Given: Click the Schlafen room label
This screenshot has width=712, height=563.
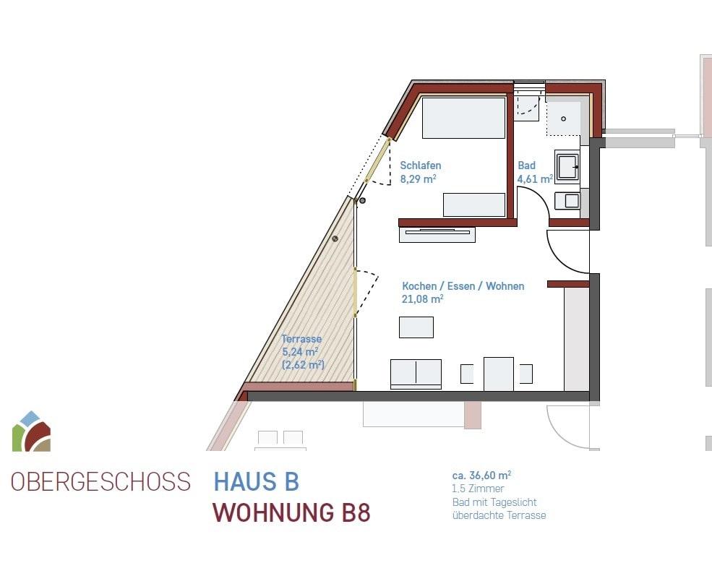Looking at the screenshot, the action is coord(421,166).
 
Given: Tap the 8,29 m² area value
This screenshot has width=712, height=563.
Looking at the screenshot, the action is coord(419,179).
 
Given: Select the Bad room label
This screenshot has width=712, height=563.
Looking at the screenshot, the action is coord(527,166).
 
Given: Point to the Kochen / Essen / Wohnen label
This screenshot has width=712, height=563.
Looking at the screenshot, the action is coord(463,286).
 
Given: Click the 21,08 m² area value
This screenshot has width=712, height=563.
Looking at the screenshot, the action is coord(423,298).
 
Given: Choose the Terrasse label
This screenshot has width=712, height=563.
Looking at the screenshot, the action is coord(301,339).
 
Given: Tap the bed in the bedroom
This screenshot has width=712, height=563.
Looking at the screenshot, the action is coord(463,118).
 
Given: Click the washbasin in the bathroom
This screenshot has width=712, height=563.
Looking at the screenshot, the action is coord(567,166).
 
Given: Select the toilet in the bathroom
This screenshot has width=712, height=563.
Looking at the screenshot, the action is coord(567,200).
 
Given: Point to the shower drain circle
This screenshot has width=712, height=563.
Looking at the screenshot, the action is coord(564,119).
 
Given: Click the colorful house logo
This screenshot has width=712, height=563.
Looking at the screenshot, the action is coord(31,431).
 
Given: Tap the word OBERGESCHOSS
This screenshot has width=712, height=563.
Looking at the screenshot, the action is coord(100,481).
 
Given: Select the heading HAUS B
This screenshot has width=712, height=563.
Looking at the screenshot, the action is coord(257,481).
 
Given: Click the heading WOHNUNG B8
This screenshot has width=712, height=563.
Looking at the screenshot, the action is coord(292,512).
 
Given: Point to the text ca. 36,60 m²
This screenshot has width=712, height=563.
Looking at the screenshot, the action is coord(482,476).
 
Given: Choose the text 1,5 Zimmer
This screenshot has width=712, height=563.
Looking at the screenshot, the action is coord(478,489).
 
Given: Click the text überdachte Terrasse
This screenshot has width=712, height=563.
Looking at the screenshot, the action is coord(499,515).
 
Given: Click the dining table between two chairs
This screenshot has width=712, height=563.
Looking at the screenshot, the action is coord(499,374).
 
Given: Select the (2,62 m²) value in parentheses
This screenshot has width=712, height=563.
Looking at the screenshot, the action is coord(303,364).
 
